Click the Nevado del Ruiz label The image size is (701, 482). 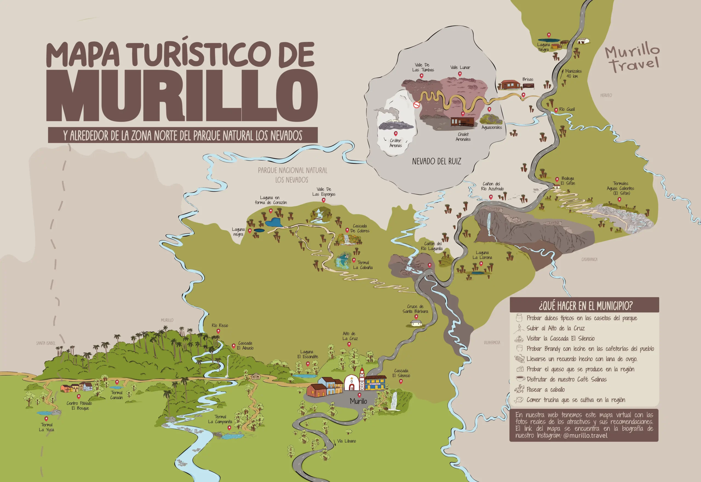[x=436, y=161]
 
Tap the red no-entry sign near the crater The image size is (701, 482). [x=416, y=105]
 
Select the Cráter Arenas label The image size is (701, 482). [x=395, y=143]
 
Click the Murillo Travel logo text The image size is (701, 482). [x=633, y=59]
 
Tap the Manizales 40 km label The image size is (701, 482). [x=573, y=73]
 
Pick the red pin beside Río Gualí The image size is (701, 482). [x=556, y=110]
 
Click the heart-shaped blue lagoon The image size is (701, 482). [x=274, y=222]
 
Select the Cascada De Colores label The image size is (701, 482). [x=360, y=228]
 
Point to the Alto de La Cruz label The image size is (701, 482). [x=350, y=336]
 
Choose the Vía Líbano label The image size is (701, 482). [x=346, y=441]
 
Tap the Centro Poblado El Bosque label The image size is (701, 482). [x=79, y=406]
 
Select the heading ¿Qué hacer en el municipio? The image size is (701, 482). [x=585, y=306]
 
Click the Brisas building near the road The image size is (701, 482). [x=510, y=85]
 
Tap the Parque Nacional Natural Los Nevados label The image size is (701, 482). [x=292, y=175]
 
